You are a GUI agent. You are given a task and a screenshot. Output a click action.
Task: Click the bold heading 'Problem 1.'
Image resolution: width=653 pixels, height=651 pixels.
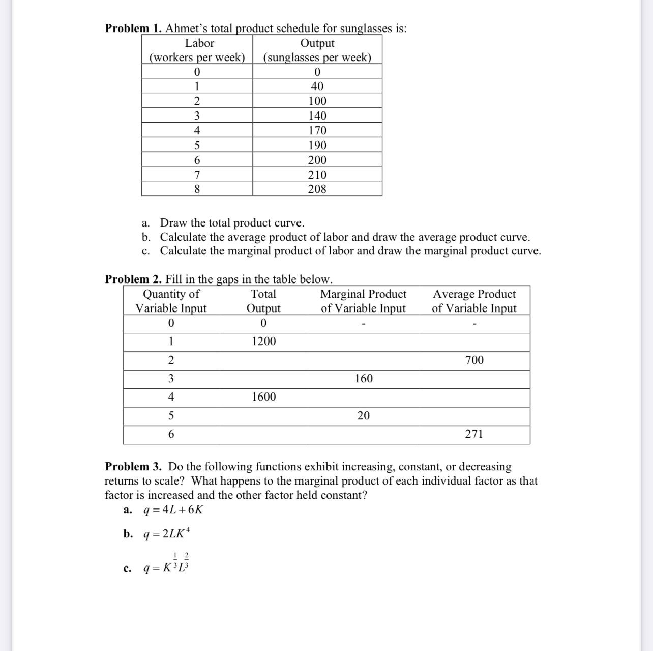(x=133, y=29)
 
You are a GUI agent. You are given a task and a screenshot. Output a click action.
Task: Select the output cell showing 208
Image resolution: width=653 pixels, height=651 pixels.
(x=317, y=189)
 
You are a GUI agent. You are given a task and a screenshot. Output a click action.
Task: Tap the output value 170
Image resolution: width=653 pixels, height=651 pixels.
(x=317, y=131)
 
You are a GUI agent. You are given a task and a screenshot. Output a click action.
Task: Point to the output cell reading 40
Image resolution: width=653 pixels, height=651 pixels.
(x=317, y=87)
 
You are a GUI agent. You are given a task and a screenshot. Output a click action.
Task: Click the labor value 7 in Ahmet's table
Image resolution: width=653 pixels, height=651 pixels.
(x=197, y=175)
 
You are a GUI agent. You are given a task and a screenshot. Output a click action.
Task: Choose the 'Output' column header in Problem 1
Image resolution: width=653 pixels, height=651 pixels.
(x=317, y=44)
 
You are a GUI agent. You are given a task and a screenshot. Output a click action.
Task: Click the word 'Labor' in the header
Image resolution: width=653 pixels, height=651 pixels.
(x=199, y=44)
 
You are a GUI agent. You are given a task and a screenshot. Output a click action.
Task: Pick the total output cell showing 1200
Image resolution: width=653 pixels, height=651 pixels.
(x=264, y=342)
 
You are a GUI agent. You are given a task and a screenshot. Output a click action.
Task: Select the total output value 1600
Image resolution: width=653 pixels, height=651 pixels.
(x=264, y=397)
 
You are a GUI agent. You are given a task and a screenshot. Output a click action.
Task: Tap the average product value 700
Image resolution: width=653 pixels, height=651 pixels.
(x=474, y=360)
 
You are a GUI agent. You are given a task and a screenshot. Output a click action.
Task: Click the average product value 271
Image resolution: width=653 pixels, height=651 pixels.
(x=474, y=434)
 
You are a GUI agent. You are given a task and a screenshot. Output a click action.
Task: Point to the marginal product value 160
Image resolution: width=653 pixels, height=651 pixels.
(x=364, y=379)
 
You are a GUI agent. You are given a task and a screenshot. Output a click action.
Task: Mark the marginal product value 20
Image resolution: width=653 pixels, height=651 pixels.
(x=364, y=416)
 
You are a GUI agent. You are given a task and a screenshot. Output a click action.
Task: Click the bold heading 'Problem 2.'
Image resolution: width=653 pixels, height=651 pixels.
(x=133, y=279)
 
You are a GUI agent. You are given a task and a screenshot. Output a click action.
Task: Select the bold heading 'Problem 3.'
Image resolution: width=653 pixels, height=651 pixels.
(x=133, y=467)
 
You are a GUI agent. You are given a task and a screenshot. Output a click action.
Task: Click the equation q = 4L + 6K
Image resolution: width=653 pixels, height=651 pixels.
(x=173, y=510)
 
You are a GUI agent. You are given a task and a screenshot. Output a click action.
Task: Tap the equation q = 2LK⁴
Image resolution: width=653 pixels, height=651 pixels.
(x=167, y=534)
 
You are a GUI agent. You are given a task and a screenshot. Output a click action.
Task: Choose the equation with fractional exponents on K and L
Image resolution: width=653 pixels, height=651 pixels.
(x=167, y=565)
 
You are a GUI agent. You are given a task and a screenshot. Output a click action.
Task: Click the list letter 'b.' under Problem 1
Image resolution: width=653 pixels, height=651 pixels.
(x=146, y=237)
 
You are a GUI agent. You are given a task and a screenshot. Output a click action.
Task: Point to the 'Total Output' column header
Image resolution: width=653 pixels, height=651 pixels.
(x=263, y=301)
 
